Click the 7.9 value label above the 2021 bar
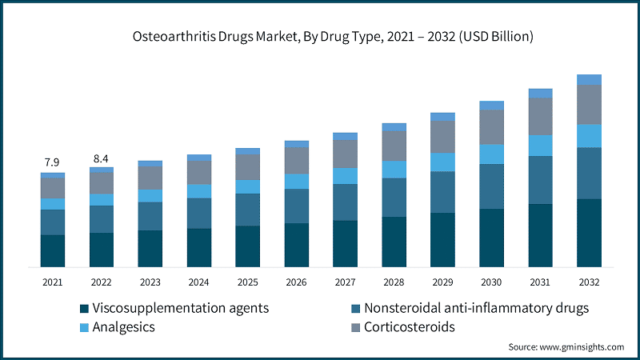tap(52, 163)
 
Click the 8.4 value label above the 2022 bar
tap(101, 158)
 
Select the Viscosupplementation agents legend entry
tap(180, 308)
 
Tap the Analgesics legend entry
tap(123, 327)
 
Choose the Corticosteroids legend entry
tap(409, 327)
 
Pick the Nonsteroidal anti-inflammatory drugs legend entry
tap(476, 308)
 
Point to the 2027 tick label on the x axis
tap(345, 282)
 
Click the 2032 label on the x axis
tap(589, 282)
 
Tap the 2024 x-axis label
tap(198, 282)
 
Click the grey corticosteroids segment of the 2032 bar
tap(589, 104)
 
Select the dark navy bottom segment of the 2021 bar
tap(52, 250)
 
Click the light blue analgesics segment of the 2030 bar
tap(491, 154)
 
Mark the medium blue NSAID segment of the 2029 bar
tap(442, 192)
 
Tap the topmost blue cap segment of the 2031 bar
tap(540, 93)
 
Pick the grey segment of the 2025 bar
tap(247, 166)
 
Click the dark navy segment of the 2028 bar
tap(394, 241)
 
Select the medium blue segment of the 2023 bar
tap(150, 216)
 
